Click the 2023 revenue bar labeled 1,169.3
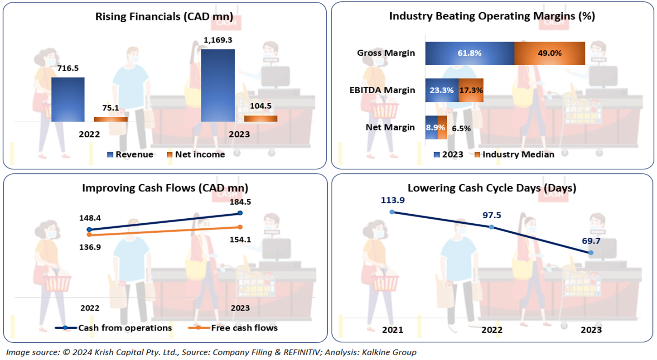pyautogui.click(x=218, y=85)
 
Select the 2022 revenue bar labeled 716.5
pyautogui.click(x=68, y=99)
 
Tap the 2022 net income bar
pyautogui.click(x=111, y=119)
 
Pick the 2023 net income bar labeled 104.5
pyautogui.click(x=261, y=118)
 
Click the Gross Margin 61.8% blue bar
pyautogui.click(x=469, y=53)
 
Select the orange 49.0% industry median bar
pyautogui.click(x=550, y=53)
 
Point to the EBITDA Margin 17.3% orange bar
pyautogui.click(x=471, y=90)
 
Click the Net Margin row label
pyautogui.click(x=390, y=127)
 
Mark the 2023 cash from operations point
pyautogui.click(x=240, y=213)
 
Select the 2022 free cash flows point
pyautogui.click(x=89, y=235)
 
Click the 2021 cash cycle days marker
pyautogui.click(x=392, y=211)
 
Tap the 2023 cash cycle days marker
pyautogui.click(x=591, y=253)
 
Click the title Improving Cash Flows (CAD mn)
pyautogui.click(x=165, y=188)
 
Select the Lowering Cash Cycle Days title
pyautogui.click(x=492, y=188)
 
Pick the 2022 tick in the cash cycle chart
pyautogui.click(x=492, y=330)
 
